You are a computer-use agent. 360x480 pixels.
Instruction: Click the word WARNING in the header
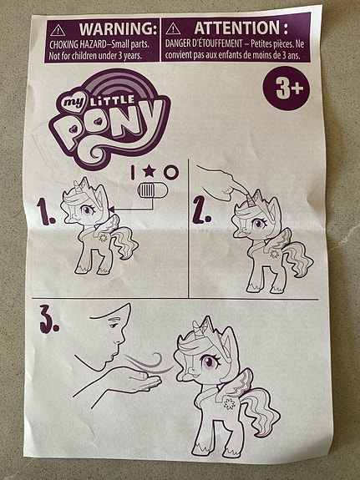(x=117, y=28)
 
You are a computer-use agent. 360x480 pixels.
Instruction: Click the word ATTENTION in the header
(x=237, y=28)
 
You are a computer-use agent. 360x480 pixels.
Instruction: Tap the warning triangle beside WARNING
(x=58, y=30)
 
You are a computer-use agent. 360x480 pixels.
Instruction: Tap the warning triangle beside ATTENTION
(x=174, y=28)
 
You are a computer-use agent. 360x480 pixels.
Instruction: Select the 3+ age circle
(x=286, y=88)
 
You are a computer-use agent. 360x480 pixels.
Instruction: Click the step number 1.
(x=45, y=211)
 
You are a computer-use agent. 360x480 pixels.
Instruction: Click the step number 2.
(x=201, y=210)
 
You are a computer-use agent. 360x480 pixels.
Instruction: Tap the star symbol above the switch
(x=150, y=171)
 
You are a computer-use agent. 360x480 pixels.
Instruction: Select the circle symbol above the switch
(x=171, y=172)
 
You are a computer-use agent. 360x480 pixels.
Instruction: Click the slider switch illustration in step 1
(x=153, y=191)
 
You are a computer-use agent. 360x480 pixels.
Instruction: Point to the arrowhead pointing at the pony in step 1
(x=112, y=210)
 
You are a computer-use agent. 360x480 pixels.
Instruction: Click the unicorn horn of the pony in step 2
(x=252, y=199)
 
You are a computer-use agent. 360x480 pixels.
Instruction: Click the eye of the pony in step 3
(x=210, y=361)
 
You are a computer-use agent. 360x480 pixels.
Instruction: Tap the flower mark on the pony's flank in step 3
(x=229, y=404)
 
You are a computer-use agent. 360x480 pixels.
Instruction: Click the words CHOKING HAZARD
(x=78, y=45)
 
